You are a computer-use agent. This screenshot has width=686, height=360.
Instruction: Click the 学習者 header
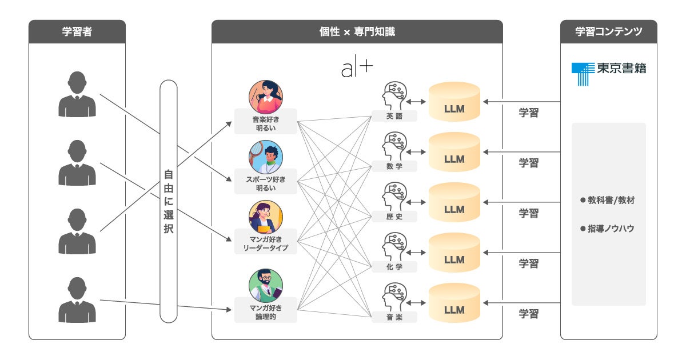point(77,32)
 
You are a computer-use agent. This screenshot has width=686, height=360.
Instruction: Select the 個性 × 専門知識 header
point(357,32)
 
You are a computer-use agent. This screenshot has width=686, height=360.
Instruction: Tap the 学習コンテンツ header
point(609,32)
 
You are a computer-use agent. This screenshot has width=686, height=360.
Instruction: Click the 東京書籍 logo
point(609,73)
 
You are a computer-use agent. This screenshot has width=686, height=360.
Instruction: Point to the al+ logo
point(357,69)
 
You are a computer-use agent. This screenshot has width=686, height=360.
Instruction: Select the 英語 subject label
point(394,117)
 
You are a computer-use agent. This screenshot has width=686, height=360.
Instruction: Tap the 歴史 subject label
point(394,217)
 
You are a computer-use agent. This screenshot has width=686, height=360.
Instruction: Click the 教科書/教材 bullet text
point(608,201)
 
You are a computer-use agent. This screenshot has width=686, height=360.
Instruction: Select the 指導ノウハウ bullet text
point(608,228)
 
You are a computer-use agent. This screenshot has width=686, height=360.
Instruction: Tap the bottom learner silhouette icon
point(77,300)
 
